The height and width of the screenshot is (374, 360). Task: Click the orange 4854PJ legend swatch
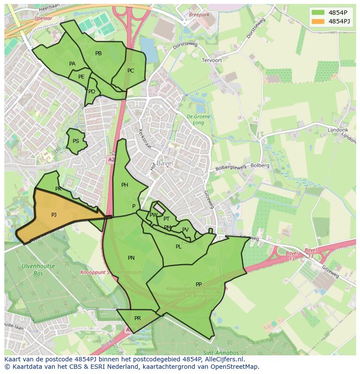click(x=318, y=21)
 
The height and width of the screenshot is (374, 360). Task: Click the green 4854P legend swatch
click(x=318, y=12)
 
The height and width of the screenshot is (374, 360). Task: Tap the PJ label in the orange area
click(x=54, y=215)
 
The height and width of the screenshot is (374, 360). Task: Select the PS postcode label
click(x=76, y=141)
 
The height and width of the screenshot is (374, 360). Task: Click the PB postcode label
click(x=98, y=53)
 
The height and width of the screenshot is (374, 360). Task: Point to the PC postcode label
click(x=130, y=71)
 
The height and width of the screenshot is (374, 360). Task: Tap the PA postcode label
click(x=72, y=64)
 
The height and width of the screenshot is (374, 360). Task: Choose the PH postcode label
click(x=125, y=185)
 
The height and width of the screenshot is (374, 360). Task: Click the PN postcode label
click(x=131, y=258)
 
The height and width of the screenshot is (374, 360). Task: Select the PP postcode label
click(x=199, y=285)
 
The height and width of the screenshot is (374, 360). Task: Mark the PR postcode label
click(x=137, y=318)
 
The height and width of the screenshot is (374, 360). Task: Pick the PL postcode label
click(x=178, y=247)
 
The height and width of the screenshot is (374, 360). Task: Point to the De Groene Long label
click(x=198, y=119)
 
